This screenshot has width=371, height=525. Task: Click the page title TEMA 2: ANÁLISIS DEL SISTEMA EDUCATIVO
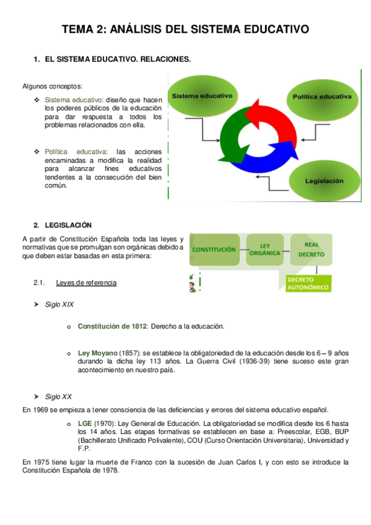(x=185, y=29)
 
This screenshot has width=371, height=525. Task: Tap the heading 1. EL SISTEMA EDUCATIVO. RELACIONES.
(x=111, y=59)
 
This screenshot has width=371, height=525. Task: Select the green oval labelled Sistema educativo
(x=202, y=97)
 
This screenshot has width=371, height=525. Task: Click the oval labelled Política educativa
(x=321, y=98)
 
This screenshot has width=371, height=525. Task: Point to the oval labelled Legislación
(x=324, y=180)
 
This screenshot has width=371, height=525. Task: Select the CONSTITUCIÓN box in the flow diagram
(x=214, y=249)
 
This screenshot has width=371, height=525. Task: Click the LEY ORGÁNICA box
(x=264, y=249)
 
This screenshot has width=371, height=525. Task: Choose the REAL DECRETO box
(x=310, y=249)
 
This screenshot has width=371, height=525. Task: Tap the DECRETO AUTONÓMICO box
(x=307, y=284)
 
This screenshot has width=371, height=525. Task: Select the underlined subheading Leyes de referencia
(x=86, y=283)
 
